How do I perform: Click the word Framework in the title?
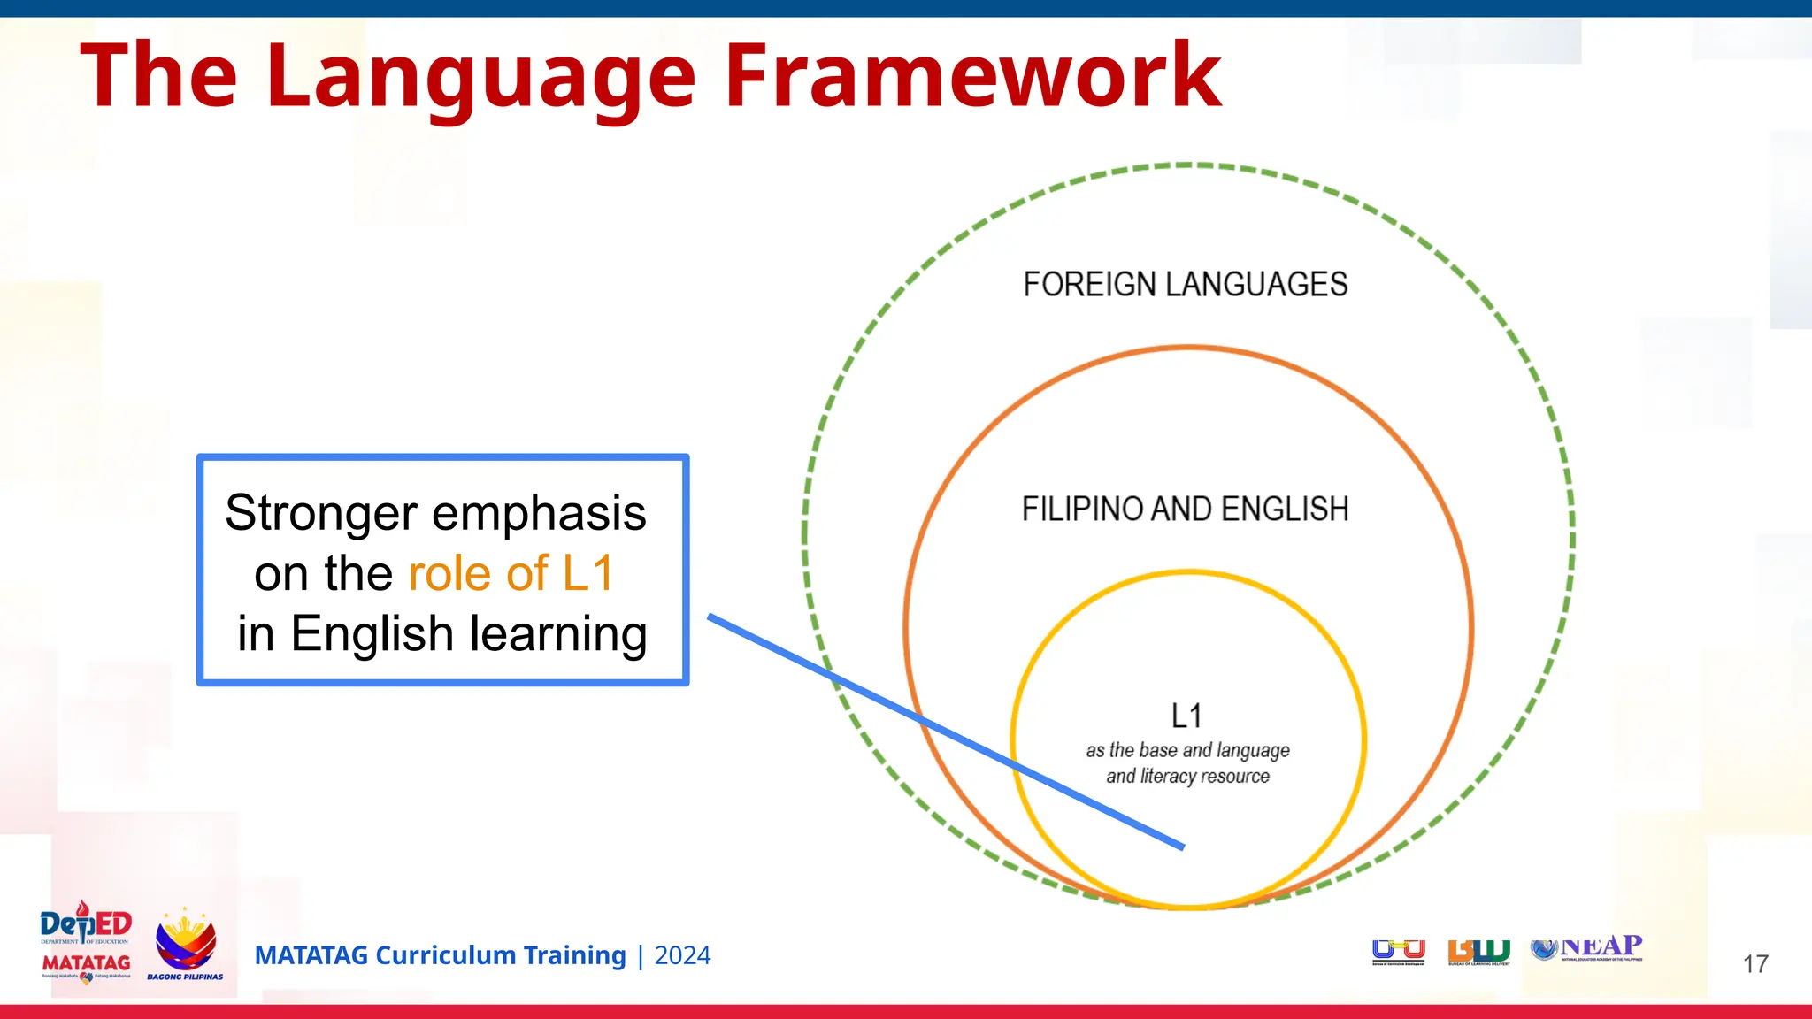(973, 76)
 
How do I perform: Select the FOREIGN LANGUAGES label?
(1185, 285)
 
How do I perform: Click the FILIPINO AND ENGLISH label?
(1185, 509)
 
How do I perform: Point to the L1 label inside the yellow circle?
(1186, 716)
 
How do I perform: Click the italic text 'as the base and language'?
(1187, 751)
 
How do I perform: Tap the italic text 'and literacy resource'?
(1187, 777)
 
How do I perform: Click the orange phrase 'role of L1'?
(511, 573)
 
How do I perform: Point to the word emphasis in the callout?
(539, 513)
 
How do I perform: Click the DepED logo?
(86, 924)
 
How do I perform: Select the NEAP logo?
(1587, 948)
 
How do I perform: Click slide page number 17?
(1755, 964)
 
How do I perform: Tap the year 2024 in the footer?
(682, 956)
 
